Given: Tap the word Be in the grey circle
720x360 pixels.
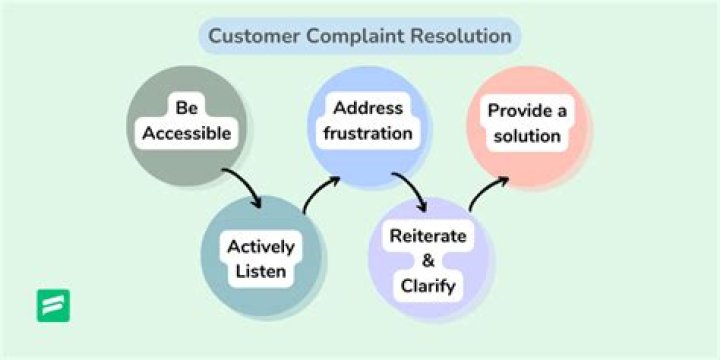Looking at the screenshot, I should point(187,107).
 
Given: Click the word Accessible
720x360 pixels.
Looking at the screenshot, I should point(187,133).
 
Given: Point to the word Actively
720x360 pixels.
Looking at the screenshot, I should point(260,246).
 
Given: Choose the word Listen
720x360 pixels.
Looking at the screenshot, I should point(260,271).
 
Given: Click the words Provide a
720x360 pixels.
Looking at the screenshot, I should point(526,110).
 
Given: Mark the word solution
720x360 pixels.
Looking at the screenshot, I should point(526,135).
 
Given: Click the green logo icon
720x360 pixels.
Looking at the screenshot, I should point(53,305).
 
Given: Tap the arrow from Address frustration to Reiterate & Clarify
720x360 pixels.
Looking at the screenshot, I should point(411,191).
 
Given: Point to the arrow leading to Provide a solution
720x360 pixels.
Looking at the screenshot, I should point(487,194).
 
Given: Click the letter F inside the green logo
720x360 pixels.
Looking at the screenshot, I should point(53,305).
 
